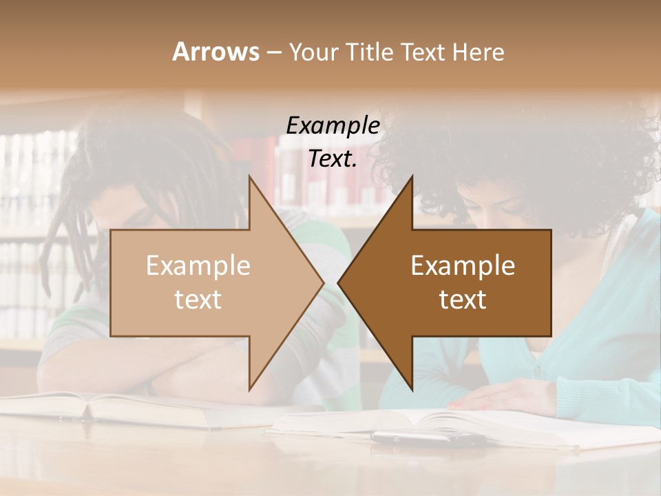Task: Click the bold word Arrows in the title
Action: pos(216,52)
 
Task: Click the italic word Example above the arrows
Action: pos(333,126)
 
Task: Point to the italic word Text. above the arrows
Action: pos(333,159)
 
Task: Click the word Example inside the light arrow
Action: pos(198,266)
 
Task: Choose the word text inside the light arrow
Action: pos(198,300)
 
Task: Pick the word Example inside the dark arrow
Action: pos(463,266)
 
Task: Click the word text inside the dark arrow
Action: pos(463,300)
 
